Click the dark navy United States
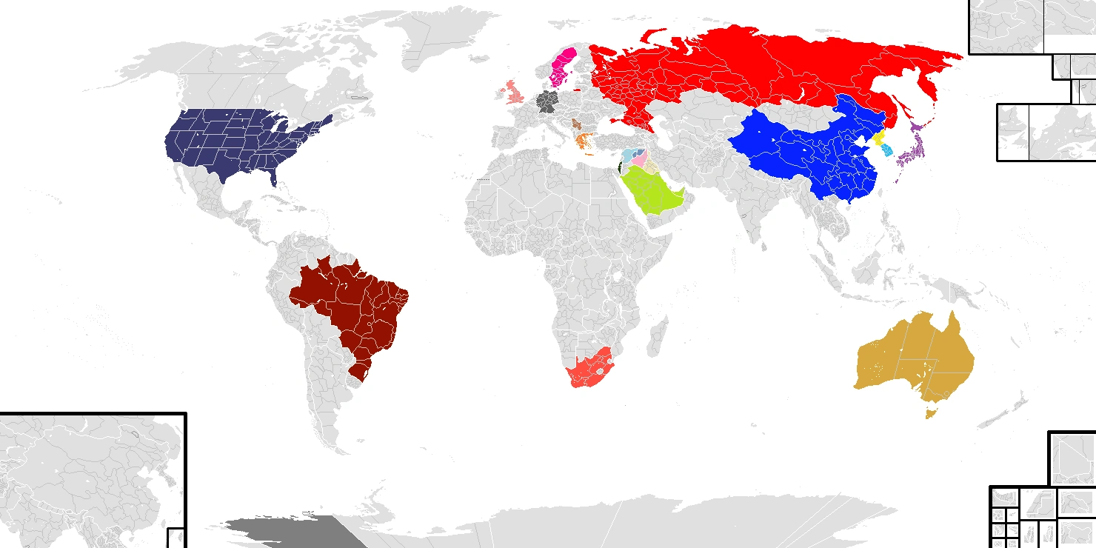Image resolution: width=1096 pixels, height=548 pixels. click(237, 144)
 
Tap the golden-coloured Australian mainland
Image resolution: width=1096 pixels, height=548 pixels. click(911, 355)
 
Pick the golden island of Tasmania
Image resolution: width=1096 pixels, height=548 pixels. click(930, 410)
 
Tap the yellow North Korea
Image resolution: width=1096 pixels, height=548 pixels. click(879, 138)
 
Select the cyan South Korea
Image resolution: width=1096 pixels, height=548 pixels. click(886, 151)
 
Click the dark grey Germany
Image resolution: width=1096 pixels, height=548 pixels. click(547, 101)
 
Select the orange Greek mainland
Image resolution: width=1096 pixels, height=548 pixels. click(583, 139)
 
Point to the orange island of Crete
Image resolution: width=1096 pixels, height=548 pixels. click(589, 154)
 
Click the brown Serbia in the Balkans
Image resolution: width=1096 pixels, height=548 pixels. click(576, 122)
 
